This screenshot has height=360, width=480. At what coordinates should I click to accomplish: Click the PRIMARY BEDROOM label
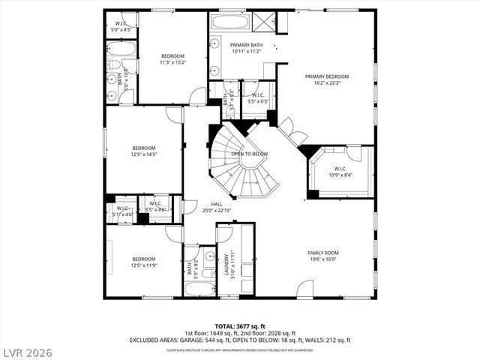(326, 76)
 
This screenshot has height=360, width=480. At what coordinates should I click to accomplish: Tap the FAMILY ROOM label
(322, 253)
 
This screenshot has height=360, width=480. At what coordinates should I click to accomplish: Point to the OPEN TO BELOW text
(249, 154)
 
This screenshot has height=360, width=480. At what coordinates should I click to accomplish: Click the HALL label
(216, 204)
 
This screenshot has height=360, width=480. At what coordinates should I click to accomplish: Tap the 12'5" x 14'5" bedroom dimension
(144, 154)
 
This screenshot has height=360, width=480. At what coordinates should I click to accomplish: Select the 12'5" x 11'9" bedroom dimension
(144, 265)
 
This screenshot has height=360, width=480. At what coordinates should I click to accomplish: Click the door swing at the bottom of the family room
(305, 291)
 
